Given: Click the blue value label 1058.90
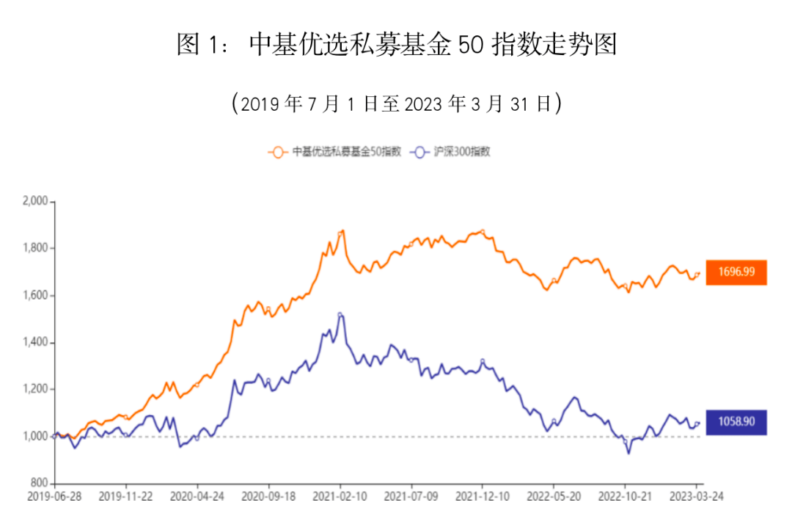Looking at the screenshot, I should pos(736,422).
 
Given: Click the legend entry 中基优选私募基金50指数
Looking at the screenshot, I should pos(336,152).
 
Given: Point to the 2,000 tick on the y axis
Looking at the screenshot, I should pos(34,201).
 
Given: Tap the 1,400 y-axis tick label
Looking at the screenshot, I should pos(34,343).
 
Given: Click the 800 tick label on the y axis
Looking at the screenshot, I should pos(38,484).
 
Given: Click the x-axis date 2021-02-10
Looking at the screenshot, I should pos(340,496).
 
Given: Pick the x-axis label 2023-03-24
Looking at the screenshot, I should pos(697,496).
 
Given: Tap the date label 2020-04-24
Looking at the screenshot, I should pos(197,496).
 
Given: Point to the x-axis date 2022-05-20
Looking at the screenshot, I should pos(554,496).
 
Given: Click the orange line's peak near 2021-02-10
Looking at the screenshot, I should pos(342,231).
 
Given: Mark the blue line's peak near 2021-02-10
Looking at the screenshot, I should pos(340,315).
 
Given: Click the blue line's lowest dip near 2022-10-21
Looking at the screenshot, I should pos(628,453).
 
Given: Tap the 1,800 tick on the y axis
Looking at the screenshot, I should pos(34,248).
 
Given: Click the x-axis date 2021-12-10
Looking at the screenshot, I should pos(483,496).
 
